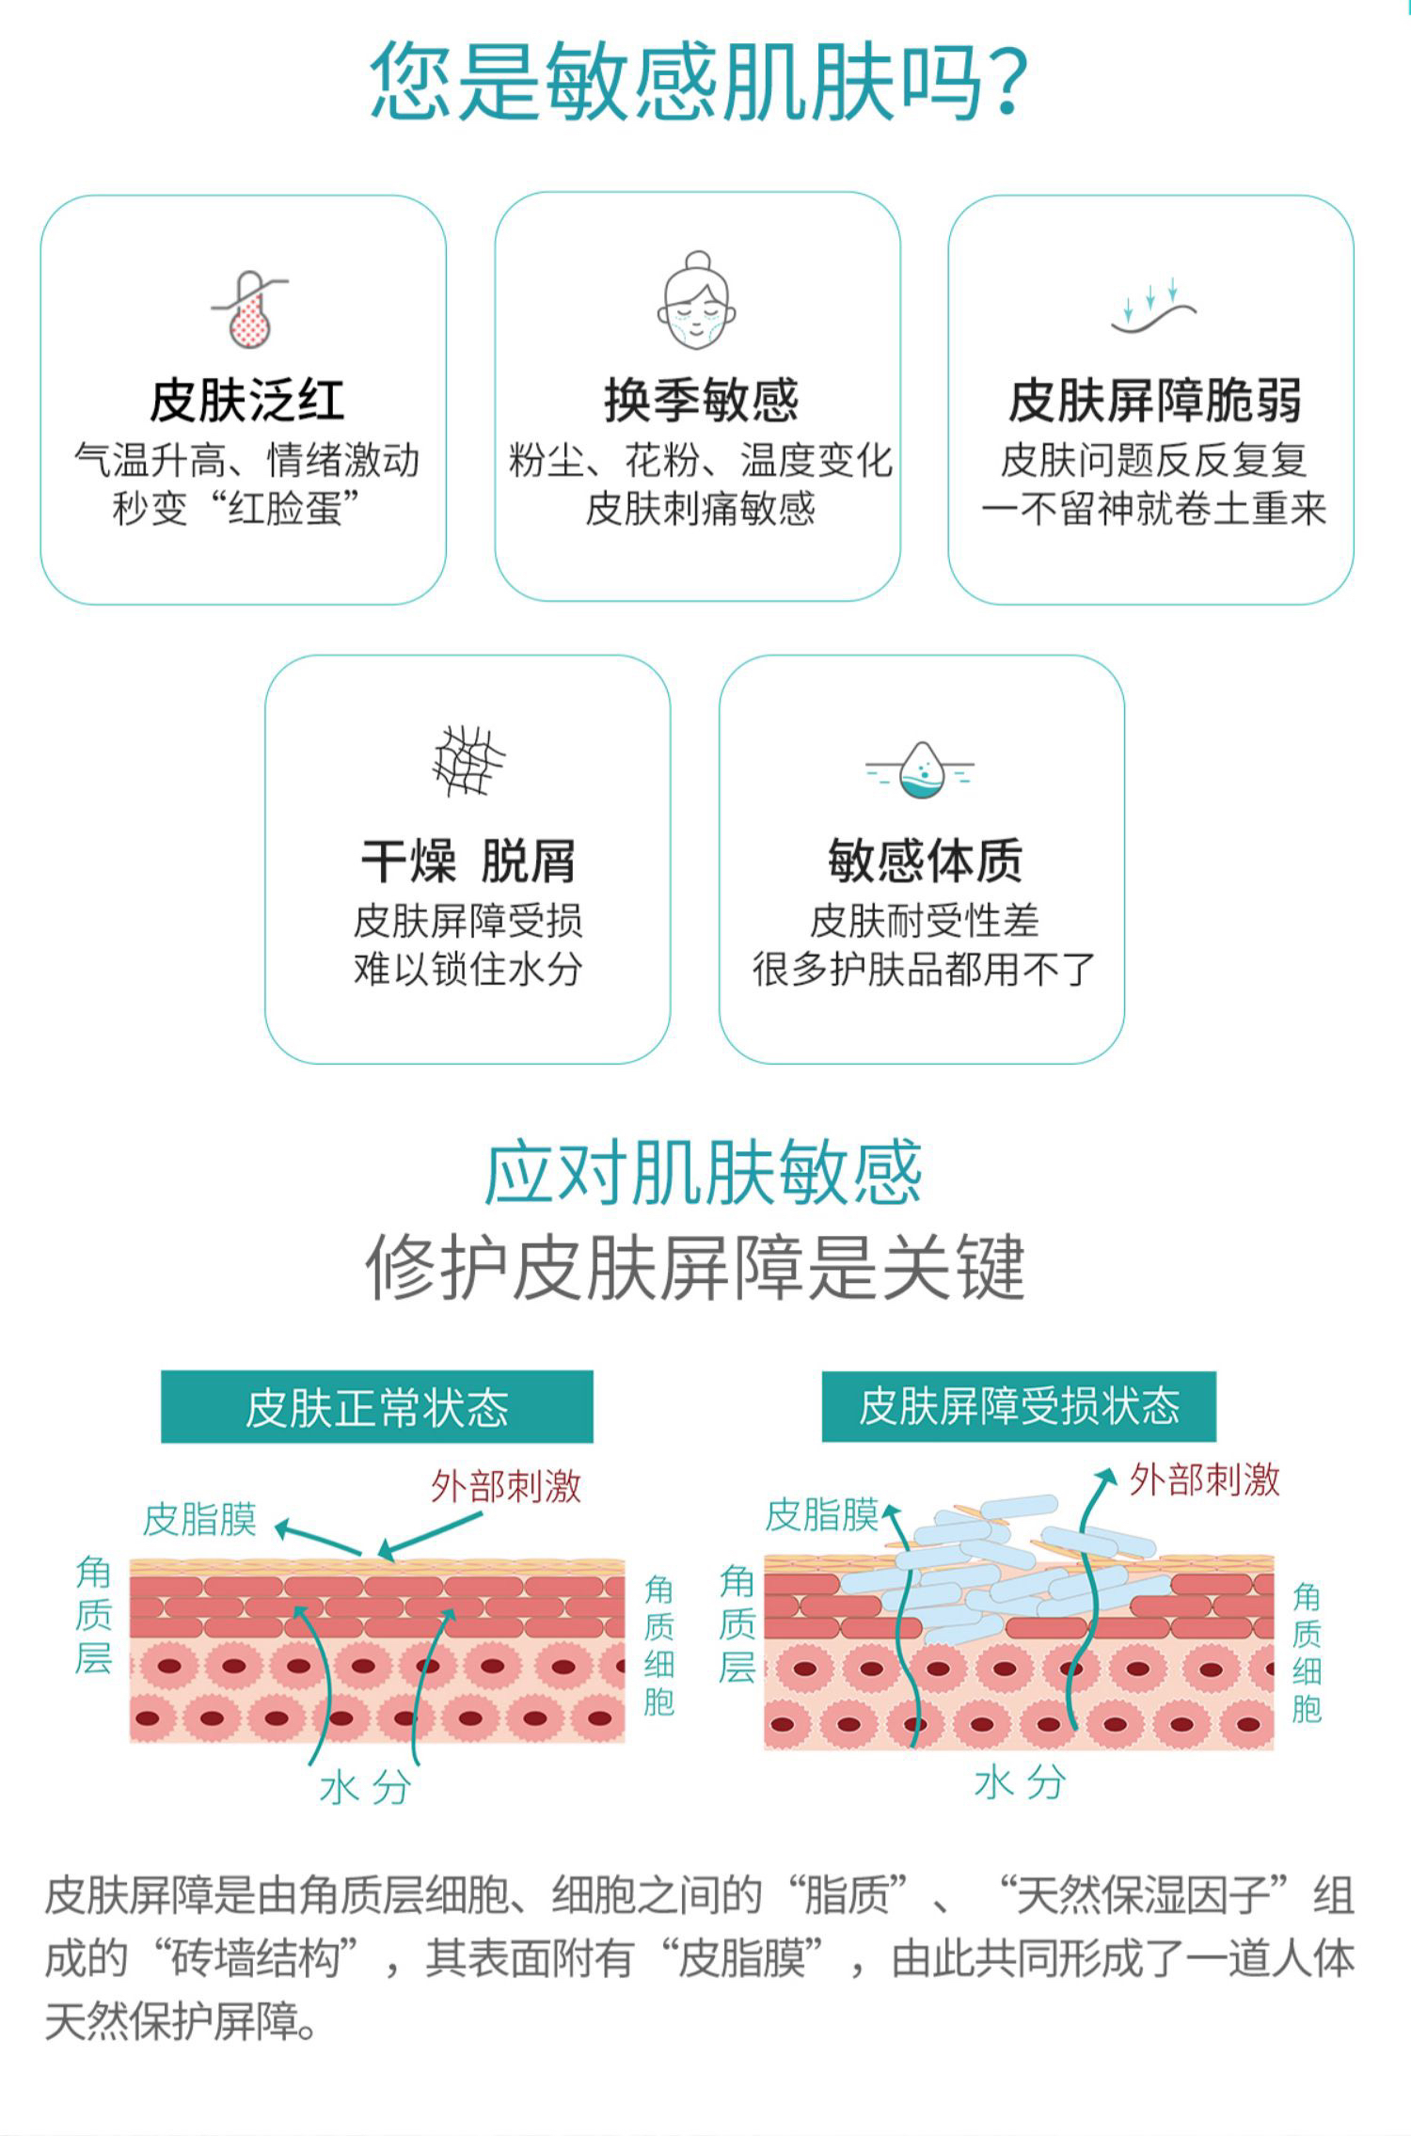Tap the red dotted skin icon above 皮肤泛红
[x=250, y=310]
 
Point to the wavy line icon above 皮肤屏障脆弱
[x=1153, y=306]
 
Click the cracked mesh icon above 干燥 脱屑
[x=468, y=761]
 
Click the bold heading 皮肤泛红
[x=246, y=401]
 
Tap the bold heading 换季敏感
[x=701, y=401]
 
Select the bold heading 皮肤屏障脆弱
[x=1154, y=401]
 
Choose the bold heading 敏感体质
[x=925, y=860]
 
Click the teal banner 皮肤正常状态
[x=376, y=1407]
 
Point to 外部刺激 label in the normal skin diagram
[x=506, y=1487]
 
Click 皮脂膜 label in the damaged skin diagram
[x=821, y=1515]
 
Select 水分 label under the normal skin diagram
[x=365, y=1788]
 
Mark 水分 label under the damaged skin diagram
[x=1020, y=1781]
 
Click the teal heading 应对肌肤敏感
[x=702, y=1173]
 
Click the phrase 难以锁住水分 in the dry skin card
[x=468, y=969]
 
